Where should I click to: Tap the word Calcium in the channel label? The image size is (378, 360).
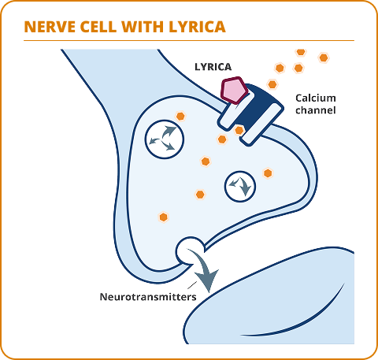pyautogui.click(x=315, y=98)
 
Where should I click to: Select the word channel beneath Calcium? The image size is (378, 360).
pyautogui.click(x=315, y=110)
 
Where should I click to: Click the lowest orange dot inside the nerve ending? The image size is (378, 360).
pyautogui.click(x=164, y=217)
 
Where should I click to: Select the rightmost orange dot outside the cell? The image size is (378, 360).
pyautogui.click(x=323, y=58)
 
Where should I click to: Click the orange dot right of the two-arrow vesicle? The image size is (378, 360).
pyautogui.click(x=268, y=173)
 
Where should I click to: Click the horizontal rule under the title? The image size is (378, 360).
pyautogui.click(x=189, y=41)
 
